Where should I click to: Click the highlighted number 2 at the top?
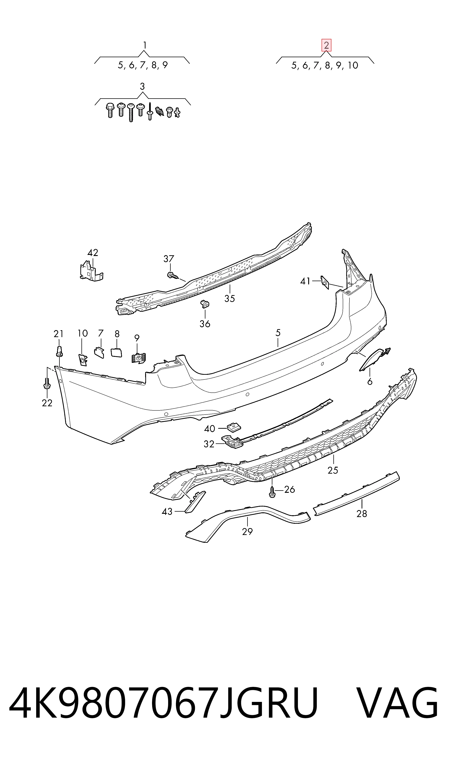coord(326,46)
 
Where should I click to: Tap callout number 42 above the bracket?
coord(93,253)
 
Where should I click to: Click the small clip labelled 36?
coord(205,305)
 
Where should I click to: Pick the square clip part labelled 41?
coord(325,282)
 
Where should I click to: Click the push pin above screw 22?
coord(59,351)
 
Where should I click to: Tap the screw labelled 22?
coord(47,383)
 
